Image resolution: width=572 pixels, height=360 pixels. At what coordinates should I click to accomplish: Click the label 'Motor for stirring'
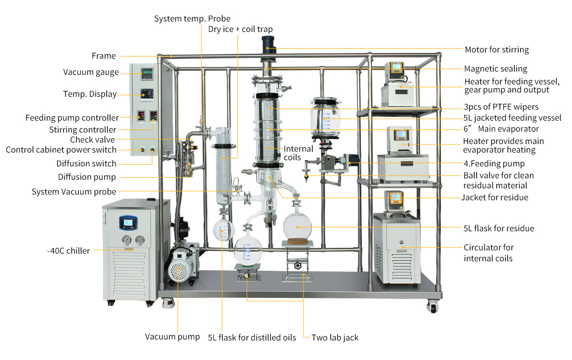497,50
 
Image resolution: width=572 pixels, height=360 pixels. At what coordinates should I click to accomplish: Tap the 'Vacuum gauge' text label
91,72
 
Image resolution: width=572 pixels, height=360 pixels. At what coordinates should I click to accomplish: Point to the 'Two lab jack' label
335,338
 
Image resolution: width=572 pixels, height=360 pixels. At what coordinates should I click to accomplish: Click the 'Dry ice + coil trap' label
240,30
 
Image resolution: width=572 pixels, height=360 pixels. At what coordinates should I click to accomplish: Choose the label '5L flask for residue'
499,228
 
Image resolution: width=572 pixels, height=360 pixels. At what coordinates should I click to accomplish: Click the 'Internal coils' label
298,153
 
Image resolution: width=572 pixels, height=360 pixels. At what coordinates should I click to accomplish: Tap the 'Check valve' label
92,140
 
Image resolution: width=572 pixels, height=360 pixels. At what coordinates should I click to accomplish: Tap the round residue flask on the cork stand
297,225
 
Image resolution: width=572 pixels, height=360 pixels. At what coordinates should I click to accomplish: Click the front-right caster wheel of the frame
432,307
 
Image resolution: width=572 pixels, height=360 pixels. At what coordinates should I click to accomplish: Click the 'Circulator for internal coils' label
489,253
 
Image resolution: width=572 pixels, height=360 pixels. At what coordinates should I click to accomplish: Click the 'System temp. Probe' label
192,19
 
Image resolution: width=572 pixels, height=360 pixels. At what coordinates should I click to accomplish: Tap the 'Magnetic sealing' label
496,69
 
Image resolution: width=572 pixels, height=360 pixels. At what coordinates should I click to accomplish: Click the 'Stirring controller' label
82,130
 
